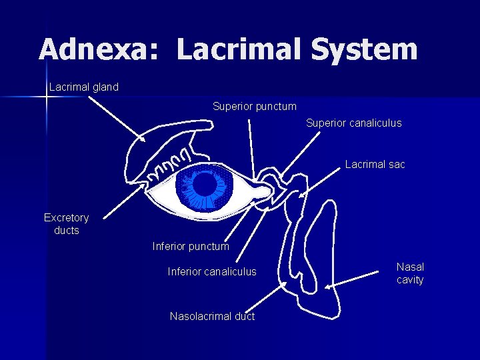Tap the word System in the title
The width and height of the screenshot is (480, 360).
click(364, 50)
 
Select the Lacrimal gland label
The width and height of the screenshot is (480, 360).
click(84, 87)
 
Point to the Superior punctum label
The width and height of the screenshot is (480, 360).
click(255, 106)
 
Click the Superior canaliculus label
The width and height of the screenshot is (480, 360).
click(354, 123)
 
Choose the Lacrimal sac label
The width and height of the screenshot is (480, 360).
click(375, 164)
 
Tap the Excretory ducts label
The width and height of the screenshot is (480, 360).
click(67, 224)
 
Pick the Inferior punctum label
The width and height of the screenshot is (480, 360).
click(191, 247)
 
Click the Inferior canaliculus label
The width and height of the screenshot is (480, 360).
click(212, 271)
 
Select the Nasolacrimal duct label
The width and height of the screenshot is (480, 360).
click(212, 316)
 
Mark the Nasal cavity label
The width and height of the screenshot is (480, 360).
click(410, 273)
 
